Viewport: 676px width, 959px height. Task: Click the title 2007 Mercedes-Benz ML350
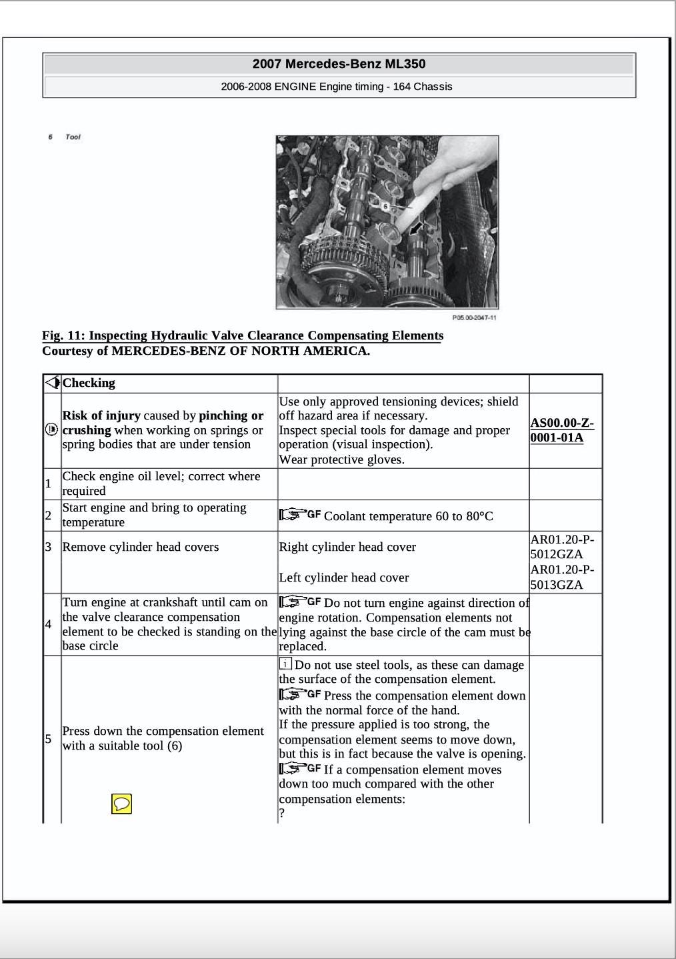coord(339,64)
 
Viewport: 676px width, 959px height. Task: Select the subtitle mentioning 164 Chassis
coord(337,87)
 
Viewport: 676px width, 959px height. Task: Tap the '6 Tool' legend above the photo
coord(65,137)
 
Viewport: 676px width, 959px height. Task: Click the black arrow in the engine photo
coord(416,229)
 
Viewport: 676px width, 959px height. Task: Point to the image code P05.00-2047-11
coord(474,318)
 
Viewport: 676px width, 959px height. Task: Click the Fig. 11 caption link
coord(242,335)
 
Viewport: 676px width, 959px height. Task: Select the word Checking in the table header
coord(89,383)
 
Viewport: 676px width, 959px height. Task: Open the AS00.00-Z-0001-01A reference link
coord(561,430)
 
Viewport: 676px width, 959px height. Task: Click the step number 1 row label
coord(48,484)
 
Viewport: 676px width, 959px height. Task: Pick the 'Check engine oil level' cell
coord(161,484)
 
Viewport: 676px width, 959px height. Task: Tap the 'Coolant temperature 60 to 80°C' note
coord(408,516)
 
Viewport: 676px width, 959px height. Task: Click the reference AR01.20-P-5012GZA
coord(562,547)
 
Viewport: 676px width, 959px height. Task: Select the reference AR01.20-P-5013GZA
coord(562,578)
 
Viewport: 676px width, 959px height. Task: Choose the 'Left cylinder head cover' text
coord(344,578)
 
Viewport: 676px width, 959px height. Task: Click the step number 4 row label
coord(48,624)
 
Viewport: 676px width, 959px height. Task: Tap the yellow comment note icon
coord(121,804)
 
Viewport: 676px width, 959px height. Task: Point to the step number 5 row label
coord(48,738)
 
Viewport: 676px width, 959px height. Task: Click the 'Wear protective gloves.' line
coord(341,459)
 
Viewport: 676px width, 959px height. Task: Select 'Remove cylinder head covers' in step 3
coord(141,547)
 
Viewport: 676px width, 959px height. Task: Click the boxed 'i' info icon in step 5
coord(285,664)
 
